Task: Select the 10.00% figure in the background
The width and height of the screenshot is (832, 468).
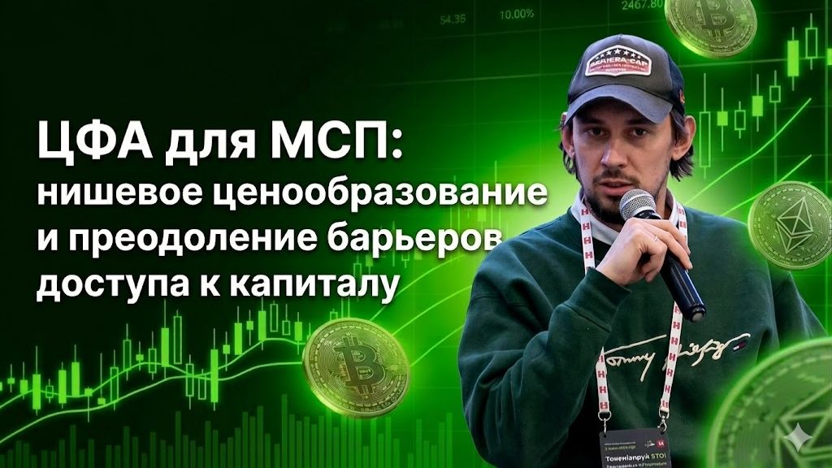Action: point(517,14)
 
